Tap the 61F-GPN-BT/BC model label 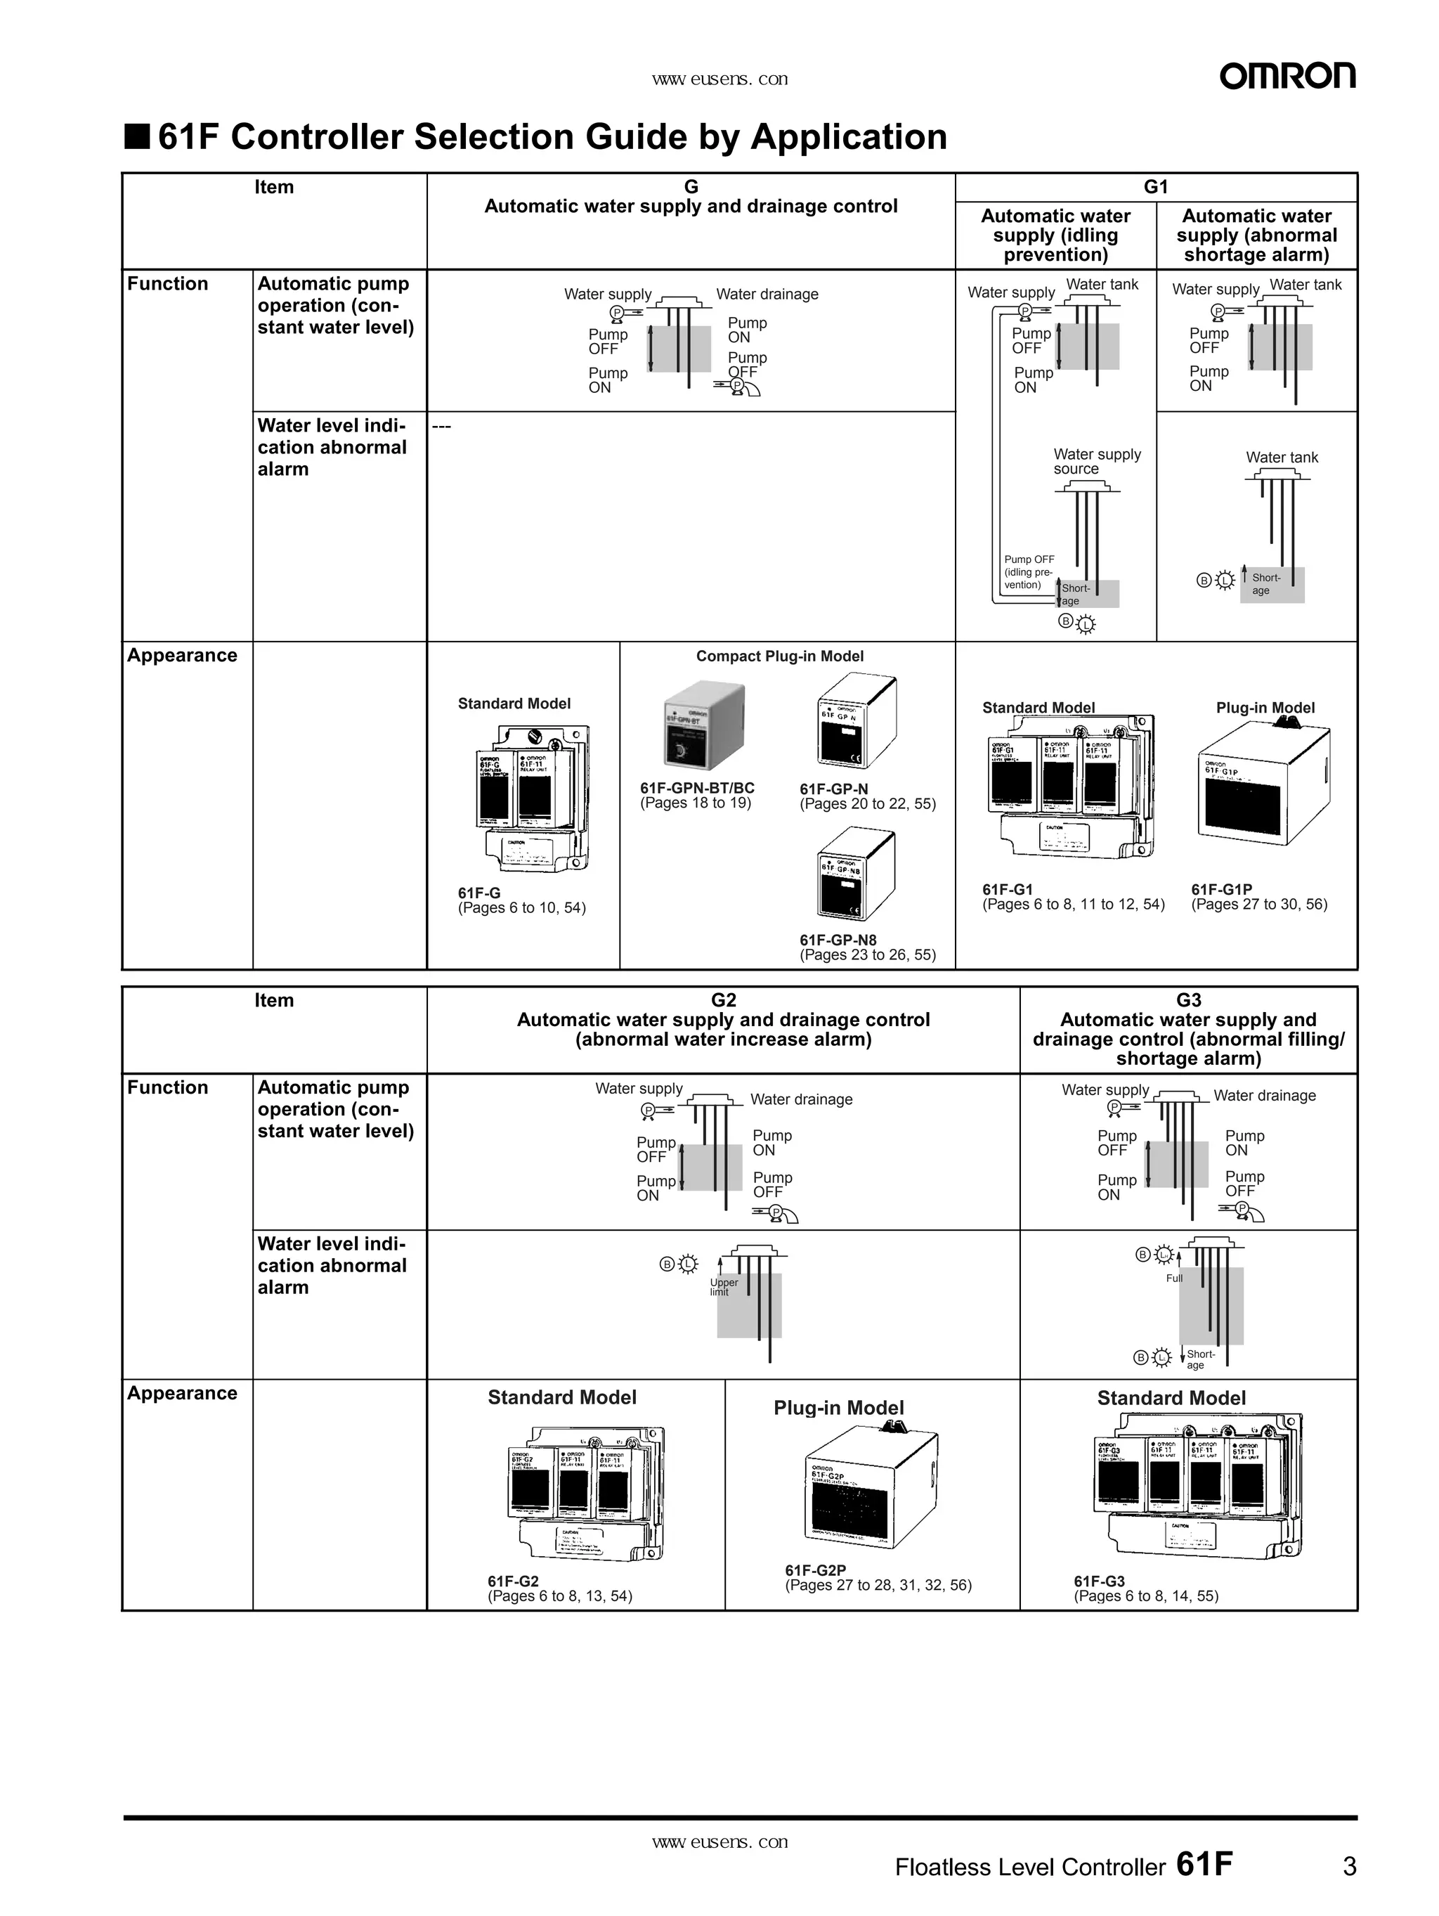697,788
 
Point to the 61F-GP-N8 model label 838,940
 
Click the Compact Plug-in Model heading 779,656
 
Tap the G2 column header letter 723,1000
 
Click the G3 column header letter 1188,1000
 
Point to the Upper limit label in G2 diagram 724,1287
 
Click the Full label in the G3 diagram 1173,1279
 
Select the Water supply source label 1096,461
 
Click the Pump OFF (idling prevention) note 1028,571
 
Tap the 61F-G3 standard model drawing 1197,1484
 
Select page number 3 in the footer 1349,1866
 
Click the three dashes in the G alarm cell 441,425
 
